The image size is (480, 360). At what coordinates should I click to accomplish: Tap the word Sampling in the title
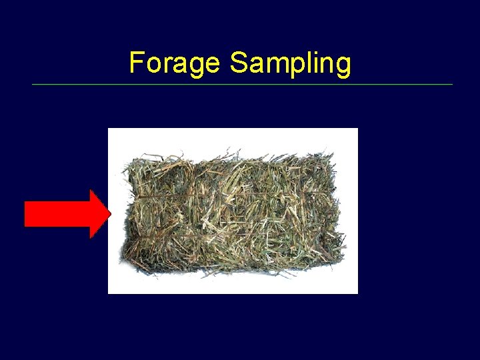click(290, 64)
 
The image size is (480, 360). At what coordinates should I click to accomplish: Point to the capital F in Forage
click(137, 63)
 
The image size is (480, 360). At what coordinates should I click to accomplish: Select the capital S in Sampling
click(237, 63)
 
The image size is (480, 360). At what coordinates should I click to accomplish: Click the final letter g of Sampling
click(343, 66)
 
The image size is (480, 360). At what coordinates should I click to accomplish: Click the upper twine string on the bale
click(233, 194)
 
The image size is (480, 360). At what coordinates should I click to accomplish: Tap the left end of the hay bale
click(127, 213)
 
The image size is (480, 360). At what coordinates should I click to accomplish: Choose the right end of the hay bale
click(340, 213)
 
